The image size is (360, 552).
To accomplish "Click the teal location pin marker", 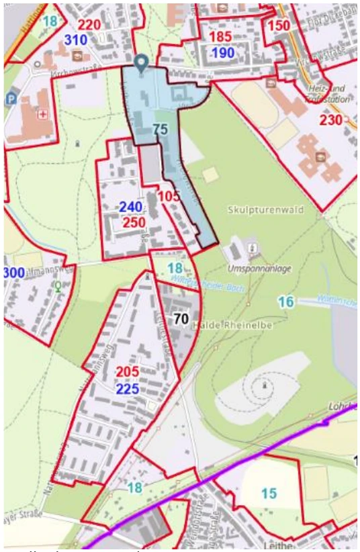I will point(140,63).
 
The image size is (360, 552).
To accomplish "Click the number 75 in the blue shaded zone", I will point(160,130).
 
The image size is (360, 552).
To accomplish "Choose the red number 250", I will point(134,222).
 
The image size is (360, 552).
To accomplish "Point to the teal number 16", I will point(286,302).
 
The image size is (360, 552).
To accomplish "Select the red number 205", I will point(127,373).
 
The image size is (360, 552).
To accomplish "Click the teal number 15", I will point(268,494).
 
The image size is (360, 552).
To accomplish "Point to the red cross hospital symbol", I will point(45,114).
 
